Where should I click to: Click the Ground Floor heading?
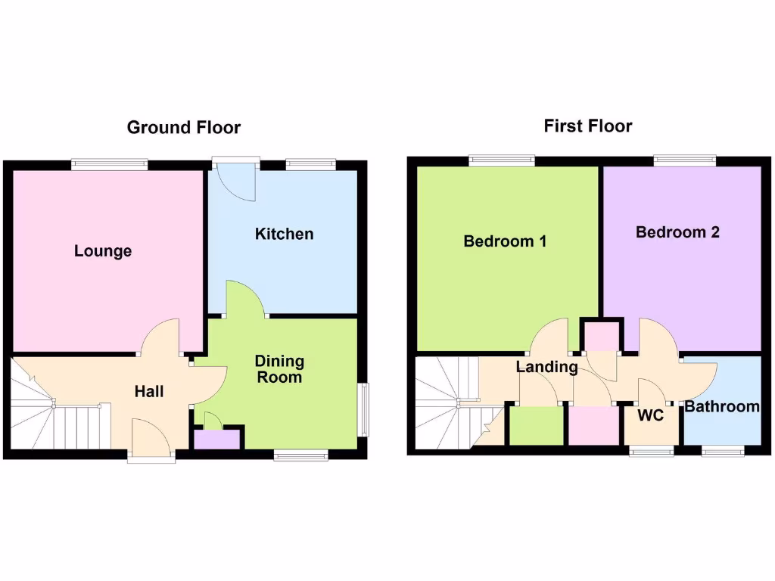pyautogui.click(x=183, y=127)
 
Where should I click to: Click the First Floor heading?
pyautogui.click(x=587, y=126)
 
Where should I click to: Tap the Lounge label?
pyautogui.click(x=103, y=251)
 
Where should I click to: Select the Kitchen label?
pyautogui.click(x=284, y=234)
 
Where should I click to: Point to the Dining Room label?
pyautogui.click(x=279, y=369)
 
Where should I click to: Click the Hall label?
pyautogui.click(x=149, y=391)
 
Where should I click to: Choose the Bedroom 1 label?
pyautogui.click(x=505, y=241)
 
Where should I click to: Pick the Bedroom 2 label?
pyautogui.click(x=677, y=232)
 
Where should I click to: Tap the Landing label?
pyautogui.click(x=546, y=368)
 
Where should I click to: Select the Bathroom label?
pyautogui.click(x=722, y=407)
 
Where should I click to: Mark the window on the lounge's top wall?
pyautogui.click(x=110, y=163)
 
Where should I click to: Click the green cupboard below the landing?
pyautogui.click(x=536, y=426)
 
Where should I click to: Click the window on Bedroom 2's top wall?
pyautogui.click(x=684, y=160)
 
